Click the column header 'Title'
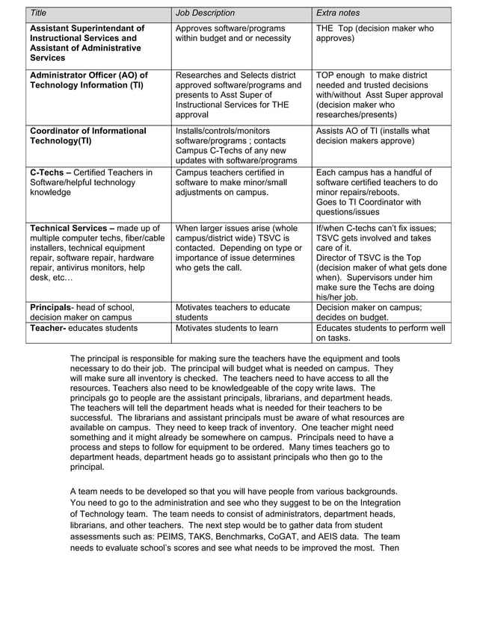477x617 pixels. pyautogui.click(x=38, y=13)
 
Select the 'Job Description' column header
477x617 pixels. pyautogui.click(x=204, y=13)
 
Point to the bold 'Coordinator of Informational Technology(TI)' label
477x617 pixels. pyautogui.click(x=87, y=136)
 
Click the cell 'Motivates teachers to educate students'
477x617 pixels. pyautogui.click(x=233, y=311)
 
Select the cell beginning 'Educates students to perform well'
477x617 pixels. pyautogui.click(x=381, y=332)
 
